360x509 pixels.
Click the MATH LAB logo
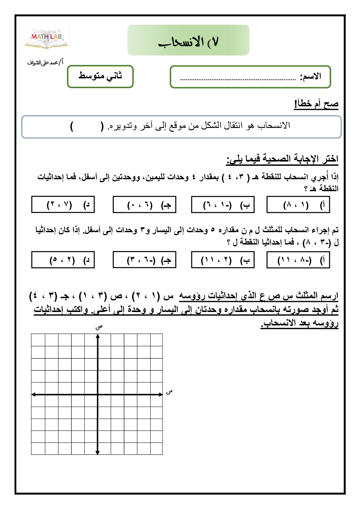[46, 37]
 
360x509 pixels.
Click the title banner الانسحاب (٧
[188, 40]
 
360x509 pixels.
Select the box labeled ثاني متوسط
[100, 76]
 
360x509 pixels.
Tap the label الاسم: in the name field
[311, 77]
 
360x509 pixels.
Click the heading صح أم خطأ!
[316, 104]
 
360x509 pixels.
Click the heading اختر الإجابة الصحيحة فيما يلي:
[282, 159]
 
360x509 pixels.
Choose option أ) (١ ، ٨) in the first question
[298, 205]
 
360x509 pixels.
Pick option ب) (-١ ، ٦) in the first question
[223, 205]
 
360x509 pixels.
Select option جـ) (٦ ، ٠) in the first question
[144, 205]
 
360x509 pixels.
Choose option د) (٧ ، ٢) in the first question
[63, 205]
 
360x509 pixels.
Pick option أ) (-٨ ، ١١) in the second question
[298, 260]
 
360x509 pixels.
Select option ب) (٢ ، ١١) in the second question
[223, 260]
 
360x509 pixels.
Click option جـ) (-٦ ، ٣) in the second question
[144, 260]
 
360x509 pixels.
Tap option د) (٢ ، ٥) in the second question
[63, 260]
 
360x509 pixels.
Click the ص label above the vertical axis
[99, 327]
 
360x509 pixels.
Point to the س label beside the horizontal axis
[169, 392]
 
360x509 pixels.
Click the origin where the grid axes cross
[98, 394]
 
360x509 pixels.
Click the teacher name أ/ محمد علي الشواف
[45, 62]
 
